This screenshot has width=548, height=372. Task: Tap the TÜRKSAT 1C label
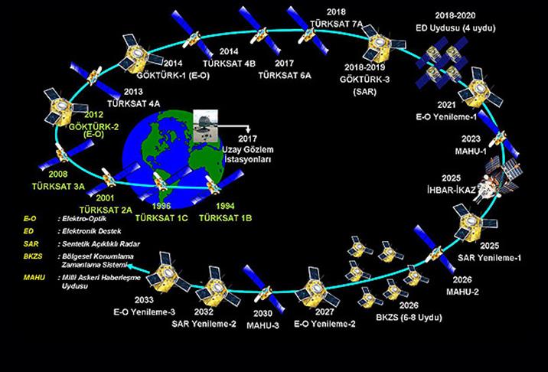pos(161,218)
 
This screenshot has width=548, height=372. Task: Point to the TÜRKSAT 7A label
pos(335,24)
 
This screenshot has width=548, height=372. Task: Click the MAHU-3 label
pos(266,325)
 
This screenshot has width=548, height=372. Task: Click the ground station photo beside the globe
pos(208,126)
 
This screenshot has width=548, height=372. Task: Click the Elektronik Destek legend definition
pos(90,231)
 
